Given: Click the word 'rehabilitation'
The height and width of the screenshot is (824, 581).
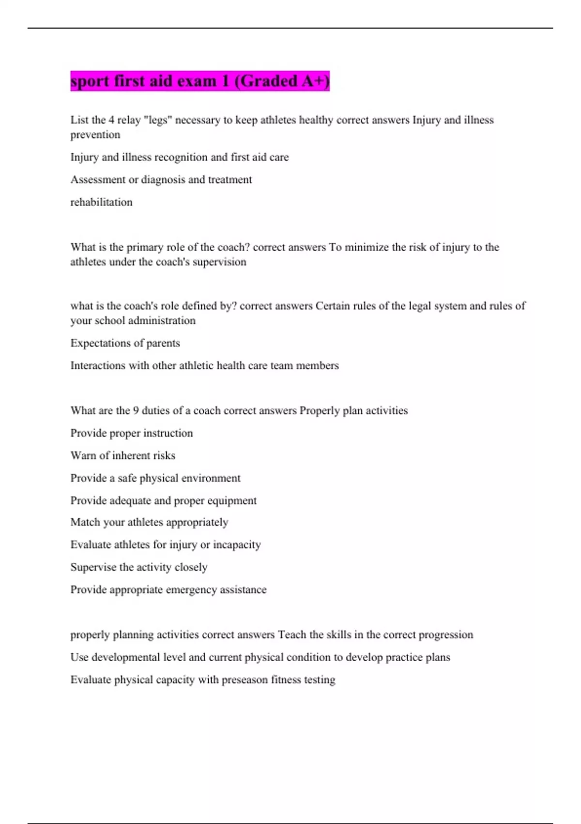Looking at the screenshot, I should click(x=101, y=202).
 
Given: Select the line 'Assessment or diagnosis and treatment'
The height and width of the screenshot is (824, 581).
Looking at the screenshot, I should click(x=161, y=180).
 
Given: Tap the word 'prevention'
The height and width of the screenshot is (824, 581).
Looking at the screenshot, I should click(x=95, y=135).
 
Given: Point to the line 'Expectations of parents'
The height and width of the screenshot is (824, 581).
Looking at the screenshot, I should click(x=125, y=343).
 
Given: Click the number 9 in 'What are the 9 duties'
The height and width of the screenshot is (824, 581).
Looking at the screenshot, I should click(x=136, y=411).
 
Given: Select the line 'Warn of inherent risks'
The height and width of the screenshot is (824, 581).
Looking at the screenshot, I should click(x=122, y=456).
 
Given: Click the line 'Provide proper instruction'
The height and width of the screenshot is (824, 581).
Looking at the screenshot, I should click(x=131, y=433).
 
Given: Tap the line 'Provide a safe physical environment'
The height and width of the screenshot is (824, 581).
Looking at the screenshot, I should click(x=155, y=478).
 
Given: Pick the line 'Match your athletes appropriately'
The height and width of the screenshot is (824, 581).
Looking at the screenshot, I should click(x=149, y=523).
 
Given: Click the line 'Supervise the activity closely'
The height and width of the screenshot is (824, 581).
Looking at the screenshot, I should click(x=138, y=567).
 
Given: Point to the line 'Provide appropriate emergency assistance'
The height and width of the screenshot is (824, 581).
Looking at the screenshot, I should click(x=168, y=590).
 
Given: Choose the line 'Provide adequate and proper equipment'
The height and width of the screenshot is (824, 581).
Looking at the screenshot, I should click(x=163, y=501).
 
